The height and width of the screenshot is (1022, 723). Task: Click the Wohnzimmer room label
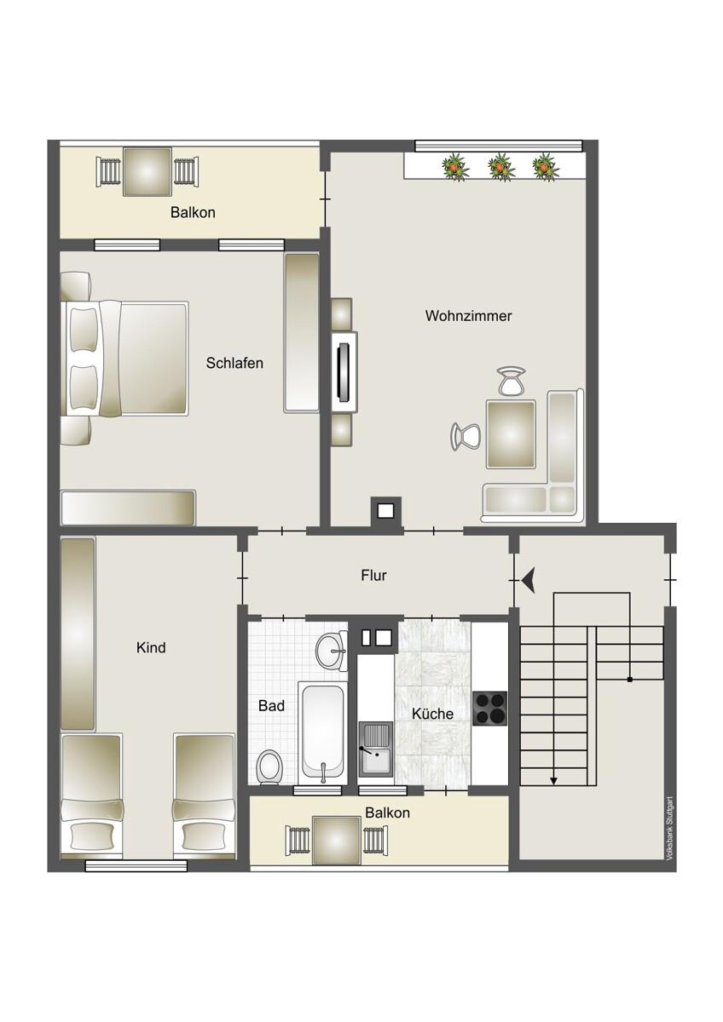point(468,316)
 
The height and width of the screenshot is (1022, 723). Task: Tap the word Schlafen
point(234,363)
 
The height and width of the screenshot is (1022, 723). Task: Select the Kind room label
point(151,647)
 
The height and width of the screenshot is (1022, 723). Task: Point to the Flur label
point(373,576)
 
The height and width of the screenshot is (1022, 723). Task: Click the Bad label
point(271,705)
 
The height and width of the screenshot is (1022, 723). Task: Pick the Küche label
point(432,714)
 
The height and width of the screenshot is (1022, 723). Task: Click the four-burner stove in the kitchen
point(489,709)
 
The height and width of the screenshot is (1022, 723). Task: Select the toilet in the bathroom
point(269,766)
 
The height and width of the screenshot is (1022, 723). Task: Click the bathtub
point(322,733)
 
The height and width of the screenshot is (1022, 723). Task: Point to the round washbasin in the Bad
point(331,651)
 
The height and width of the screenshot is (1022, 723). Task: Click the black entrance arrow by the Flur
point(528,580)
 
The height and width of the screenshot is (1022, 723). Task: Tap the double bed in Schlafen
point(124,359)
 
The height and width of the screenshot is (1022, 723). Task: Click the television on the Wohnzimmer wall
point(344,373)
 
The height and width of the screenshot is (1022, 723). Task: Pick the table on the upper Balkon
point(147,171)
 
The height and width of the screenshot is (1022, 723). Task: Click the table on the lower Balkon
point(337,841)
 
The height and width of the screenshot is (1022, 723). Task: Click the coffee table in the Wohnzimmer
point(510,433)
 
